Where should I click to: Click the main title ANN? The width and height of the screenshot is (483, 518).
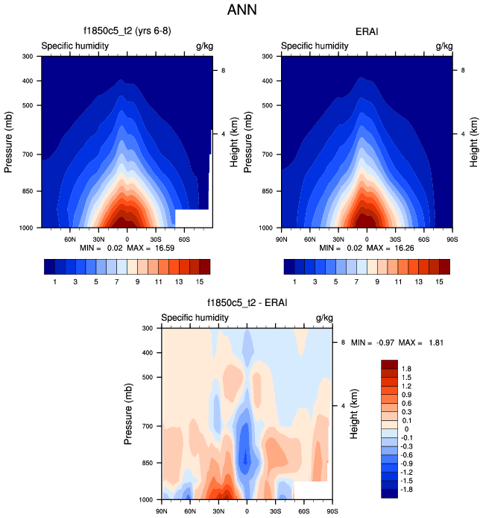click(241, 11)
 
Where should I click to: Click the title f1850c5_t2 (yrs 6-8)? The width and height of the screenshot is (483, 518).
click(127, 31)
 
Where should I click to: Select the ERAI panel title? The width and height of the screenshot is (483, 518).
click(367, 31)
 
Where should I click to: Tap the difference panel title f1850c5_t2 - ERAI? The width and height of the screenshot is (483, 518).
click(247, 303)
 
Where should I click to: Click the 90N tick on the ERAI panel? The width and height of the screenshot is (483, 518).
click(282, 239)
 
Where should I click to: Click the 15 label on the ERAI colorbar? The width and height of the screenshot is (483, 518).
click(439, 281)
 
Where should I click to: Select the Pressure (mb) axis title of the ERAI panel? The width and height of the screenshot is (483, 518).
click(250, 141)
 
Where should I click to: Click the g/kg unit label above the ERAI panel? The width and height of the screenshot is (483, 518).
click(443, 46)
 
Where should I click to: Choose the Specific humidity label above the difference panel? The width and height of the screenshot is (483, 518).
click(195, 318)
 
